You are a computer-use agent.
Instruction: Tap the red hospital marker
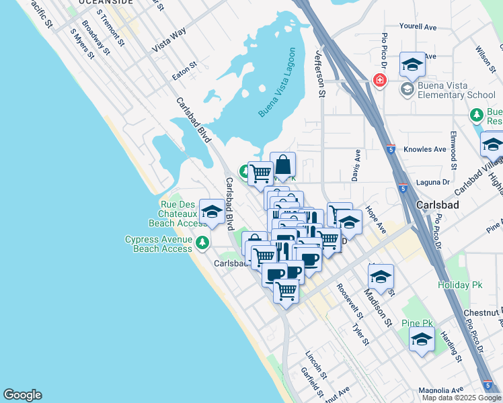[380, 81]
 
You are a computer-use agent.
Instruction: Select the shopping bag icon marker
[283, 165]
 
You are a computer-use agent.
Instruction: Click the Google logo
[22, 395]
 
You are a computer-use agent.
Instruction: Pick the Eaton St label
[184, 71]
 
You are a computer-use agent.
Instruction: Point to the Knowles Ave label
[424, 149]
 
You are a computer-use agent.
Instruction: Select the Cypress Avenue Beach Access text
[159, 244]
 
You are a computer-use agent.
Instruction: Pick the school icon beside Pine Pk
[422, 339]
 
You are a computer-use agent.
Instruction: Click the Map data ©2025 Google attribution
[461, 398]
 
